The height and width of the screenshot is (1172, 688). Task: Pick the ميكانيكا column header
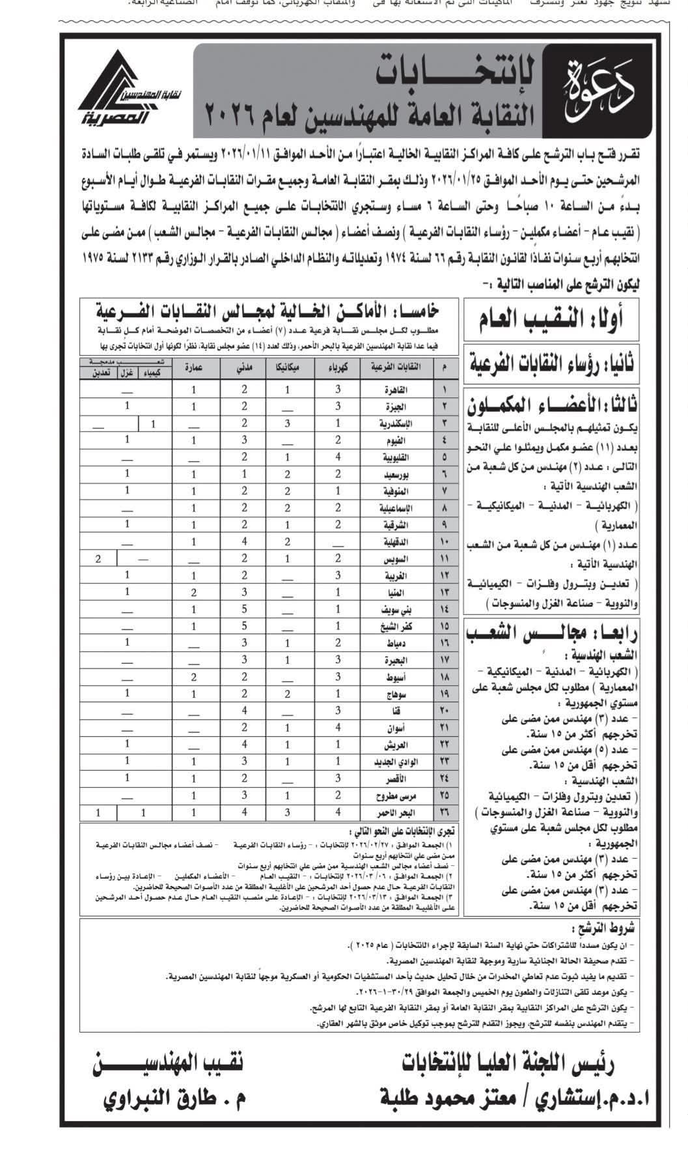pyautogui.click(x=287, y=367)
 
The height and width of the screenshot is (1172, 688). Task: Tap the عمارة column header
pyautogui.click(x=193, y=367)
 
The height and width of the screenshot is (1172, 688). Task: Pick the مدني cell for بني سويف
pyautogui.click(x=244, y=609)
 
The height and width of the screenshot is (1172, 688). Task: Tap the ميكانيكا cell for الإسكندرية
pyautogui.click(x=287, y=423)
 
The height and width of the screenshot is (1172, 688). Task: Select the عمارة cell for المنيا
pyautogui.click(x=193, y=592)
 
